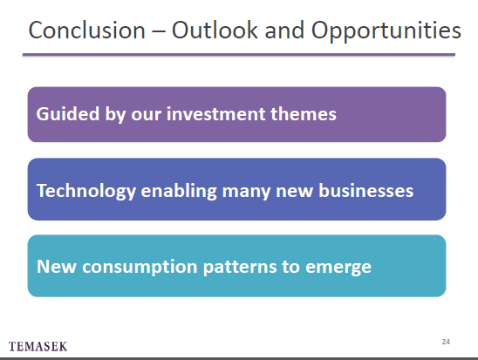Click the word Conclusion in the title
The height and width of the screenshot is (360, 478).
[87, 31]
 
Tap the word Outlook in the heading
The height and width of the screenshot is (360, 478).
[215, 31]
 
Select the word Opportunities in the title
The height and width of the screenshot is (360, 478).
[386, 31]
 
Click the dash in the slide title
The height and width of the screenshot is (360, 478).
[159, 31]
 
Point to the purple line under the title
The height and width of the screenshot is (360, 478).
[239, 55]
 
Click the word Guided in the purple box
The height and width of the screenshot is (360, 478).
[68, 114]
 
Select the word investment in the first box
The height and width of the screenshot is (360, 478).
[215, 114]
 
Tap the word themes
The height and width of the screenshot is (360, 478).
[304, 114]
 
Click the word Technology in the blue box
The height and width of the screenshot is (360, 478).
[86, 192]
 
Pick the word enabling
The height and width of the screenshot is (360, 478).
[179, 192]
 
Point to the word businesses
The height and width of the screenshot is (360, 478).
[366, 191]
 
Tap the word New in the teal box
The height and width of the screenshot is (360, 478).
[57, 266]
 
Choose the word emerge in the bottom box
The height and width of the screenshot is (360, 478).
[338, 268]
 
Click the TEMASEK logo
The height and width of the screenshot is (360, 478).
[38, 347]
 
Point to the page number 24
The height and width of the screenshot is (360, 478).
[446, 342]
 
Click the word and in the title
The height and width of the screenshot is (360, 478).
[284, 31]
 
